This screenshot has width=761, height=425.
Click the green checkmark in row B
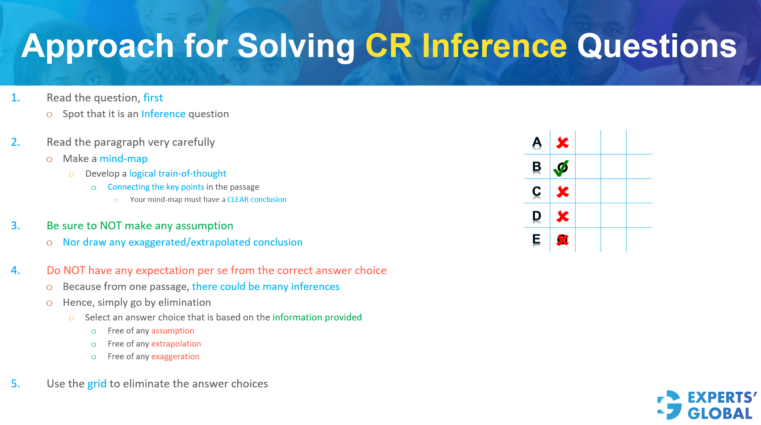click(x=561, y=168)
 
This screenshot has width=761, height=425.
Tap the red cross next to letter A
click(x=562, y=143)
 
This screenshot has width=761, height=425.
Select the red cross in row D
click(x=562, y=216)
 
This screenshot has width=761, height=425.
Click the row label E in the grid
click(x=536, y=239)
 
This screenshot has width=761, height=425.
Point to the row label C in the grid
click(x=536, y=191)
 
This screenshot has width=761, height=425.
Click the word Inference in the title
click(x=494, y=46)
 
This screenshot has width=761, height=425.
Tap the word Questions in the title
click(x=657, y=46)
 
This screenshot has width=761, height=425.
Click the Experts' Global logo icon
click(x=669, y=405)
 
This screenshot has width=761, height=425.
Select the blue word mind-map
click(x=123, y=159)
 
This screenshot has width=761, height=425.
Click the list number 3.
click(x=15, y=226)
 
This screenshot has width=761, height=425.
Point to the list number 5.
click(x=15, y=384)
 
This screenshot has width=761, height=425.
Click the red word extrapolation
click(x=176, y=344)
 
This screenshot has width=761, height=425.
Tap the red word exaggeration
click(x=175, y=356)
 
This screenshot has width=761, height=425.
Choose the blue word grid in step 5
click(x=97, y=384)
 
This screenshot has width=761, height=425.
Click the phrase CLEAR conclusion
click(x=256, y=200)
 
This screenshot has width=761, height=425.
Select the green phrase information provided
click(x=317, y=317)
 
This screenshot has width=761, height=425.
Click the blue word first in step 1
click(x=153, y=98)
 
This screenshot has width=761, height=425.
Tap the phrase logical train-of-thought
click(x=178, y=173)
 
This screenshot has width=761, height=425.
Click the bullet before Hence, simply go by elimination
click(x=50, y=303)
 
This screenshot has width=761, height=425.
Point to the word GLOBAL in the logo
click(x=720, y=414)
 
